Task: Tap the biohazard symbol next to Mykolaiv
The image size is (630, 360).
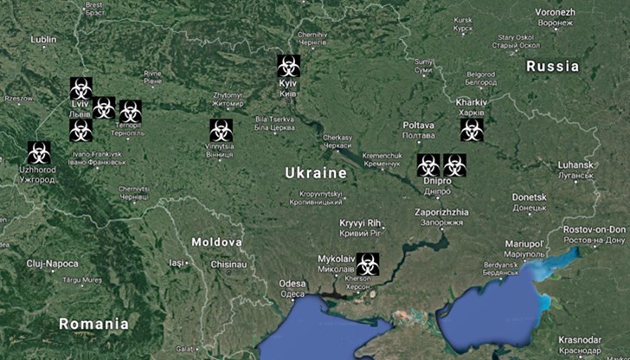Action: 368,262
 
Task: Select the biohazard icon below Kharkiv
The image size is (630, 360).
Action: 472,130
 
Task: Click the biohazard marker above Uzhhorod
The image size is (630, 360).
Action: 38,152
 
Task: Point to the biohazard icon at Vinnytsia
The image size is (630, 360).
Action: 220,130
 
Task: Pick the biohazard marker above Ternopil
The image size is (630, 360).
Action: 130,110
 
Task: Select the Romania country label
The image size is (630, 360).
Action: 93,324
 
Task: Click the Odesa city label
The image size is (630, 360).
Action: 292,284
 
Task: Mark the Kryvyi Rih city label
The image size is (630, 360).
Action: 361,223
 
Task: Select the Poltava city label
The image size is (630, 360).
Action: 419,126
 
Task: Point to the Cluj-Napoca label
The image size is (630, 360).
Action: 53,262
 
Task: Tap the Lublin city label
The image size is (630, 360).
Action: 42,40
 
